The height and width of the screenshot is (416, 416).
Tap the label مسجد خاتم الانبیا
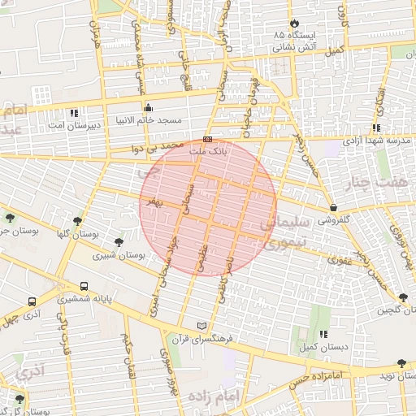149,121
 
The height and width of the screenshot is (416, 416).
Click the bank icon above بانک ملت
207,139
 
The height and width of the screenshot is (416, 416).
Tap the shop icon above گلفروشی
334,207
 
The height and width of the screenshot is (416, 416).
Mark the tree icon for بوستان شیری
119,242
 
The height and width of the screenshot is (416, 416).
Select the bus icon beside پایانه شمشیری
84,286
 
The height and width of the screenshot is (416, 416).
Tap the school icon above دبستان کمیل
323,333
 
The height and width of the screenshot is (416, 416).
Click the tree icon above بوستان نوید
401,363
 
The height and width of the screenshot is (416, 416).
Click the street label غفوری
339,261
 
